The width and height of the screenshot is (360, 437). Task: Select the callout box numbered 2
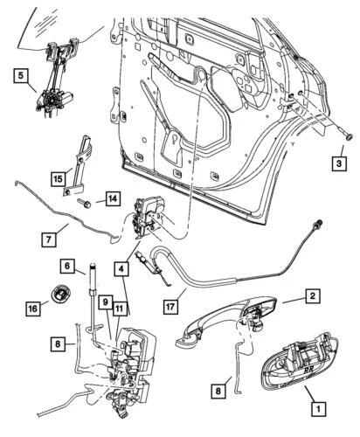tap(311, 298)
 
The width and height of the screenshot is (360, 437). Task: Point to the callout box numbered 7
tap(50, 237)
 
